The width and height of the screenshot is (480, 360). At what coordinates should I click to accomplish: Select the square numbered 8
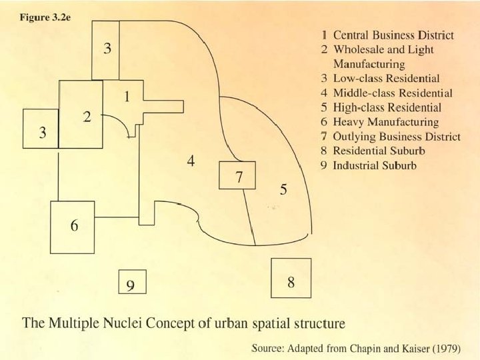[x=291, y=278]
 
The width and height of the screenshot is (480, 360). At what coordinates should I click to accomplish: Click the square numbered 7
[x=237, y=175]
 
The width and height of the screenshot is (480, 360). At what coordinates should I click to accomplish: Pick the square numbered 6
[x=74, y=226]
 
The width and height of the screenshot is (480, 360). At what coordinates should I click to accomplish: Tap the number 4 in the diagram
[x=190, y=162]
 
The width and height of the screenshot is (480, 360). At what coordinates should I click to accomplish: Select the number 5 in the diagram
[x=283, y=190]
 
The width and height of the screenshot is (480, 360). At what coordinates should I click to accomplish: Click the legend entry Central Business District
[x=393, y=35]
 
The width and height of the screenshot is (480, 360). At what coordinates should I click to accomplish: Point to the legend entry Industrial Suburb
[x=374, y=165]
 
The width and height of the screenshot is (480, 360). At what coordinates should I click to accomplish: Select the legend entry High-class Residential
[x=387, y=107]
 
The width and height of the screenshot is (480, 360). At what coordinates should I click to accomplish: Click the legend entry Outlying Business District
[x=396, y=137]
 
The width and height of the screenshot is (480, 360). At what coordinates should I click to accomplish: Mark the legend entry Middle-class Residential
[x=393, y=93]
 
